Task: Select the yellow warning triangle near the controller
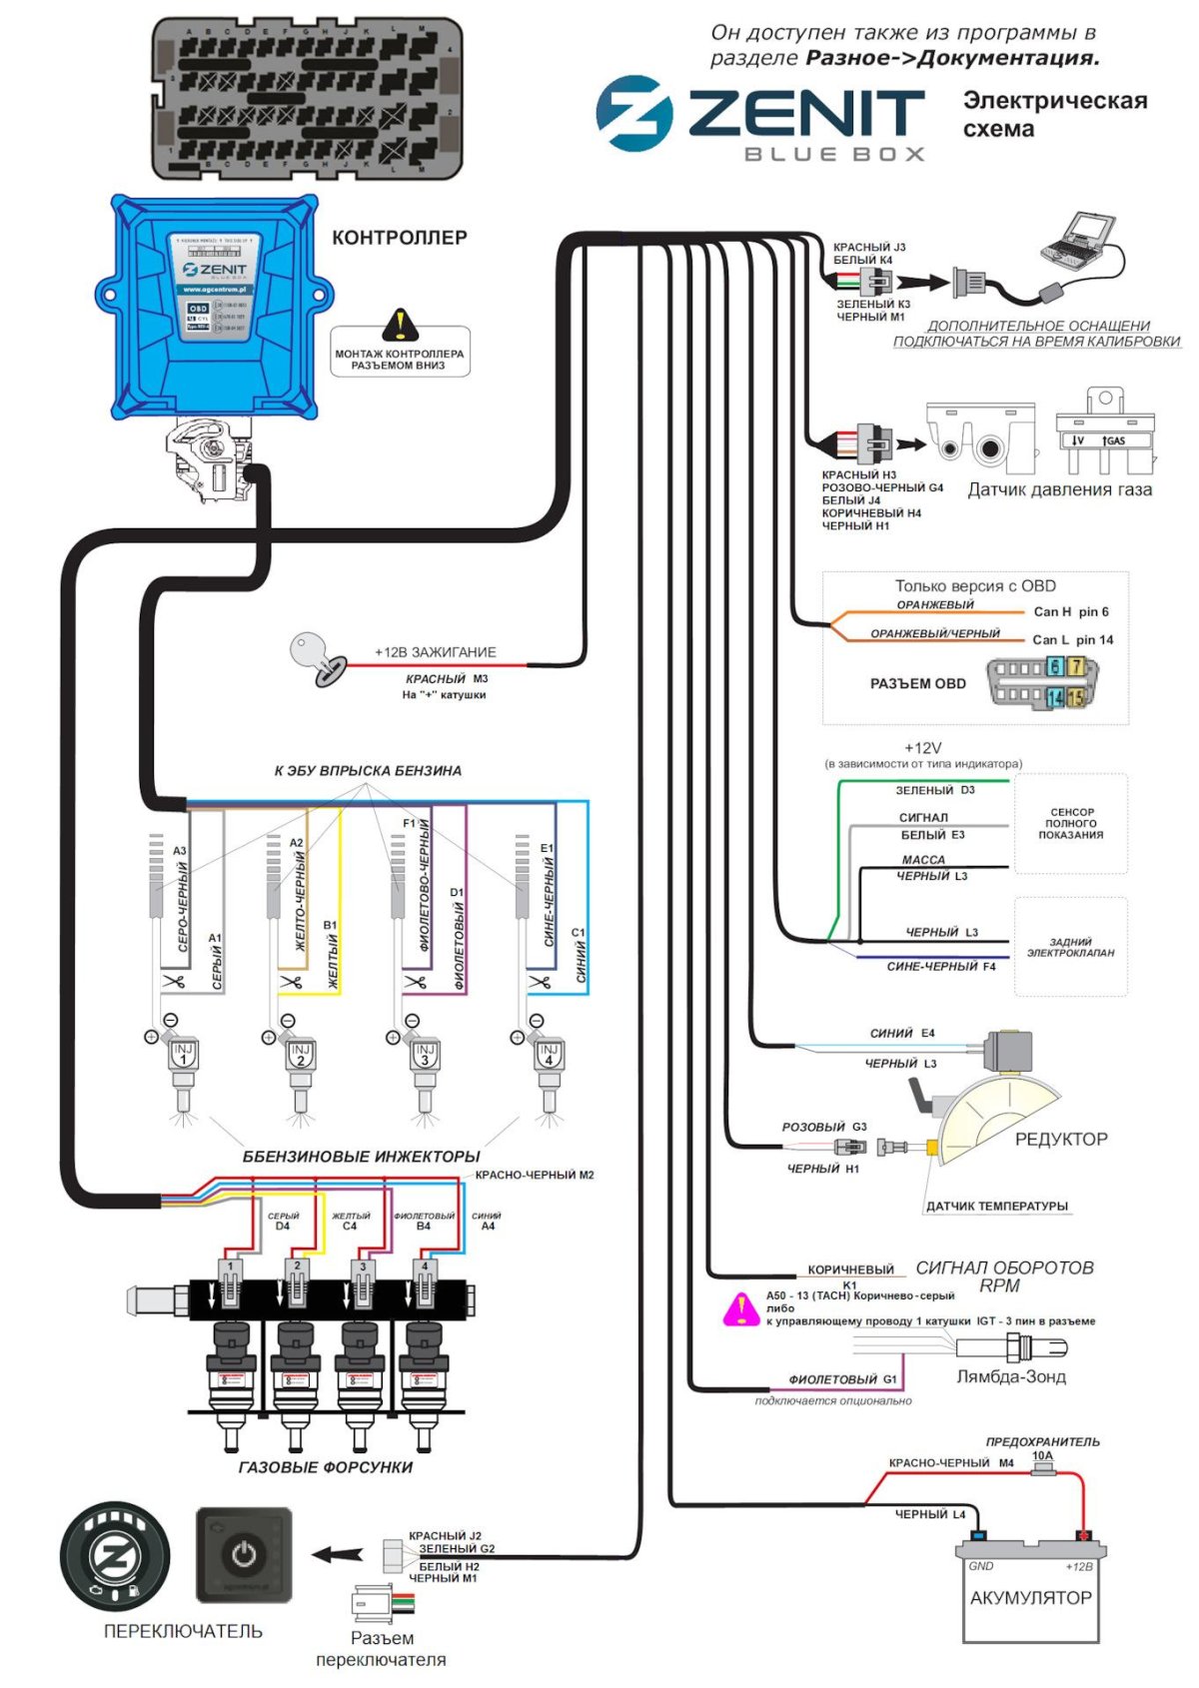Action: (400, 325)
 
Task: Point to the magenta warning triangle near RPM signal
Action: (741, 1309)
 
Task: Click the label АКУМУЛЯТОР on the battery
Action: (1030, 1598)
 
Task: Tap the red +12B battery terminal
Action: (1081, 1535)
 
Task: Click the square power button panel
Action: (244, 1555)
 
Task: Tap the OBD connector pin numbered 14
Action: (1054, 698)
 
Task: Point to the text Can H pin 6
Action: (1070, 611)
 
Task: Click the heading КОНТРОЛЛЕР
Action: (399, 238)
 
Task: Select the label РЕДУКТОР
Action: (1060, 1139)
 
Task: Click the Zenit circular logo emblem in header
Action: (633, 113)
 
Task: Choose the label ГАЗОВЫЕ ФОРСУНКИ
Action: (325, 1467)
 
